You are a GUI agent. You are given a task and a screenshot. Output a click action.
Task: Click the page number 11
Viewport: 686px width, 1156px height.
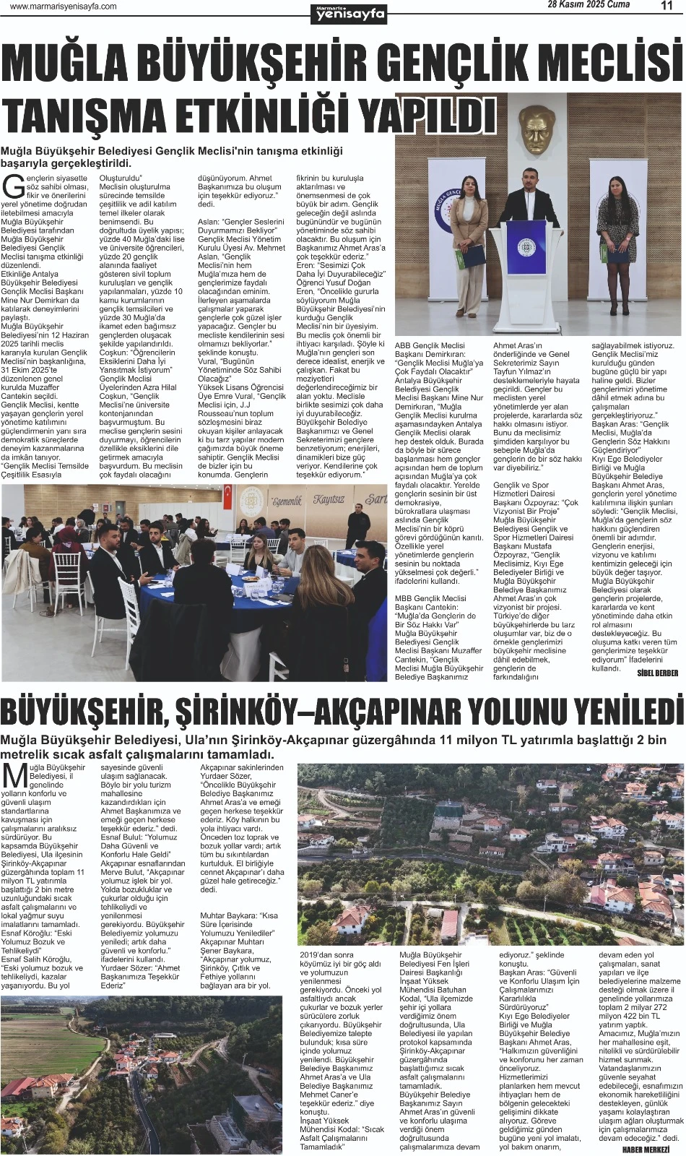[x=667, y=6]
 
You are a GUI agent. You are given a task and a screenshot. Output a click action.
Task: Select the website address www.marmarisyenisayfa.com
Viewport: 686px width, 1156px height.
[x=64, y=7]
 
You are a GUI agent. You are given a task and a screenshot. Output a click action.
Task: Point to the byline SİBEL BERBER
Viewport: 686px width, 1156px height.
[x=657, y=673]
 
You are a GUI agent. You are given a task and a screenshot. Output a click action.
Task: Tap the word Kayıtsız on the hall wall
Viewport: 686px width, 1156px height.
[x=329, y=500]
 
